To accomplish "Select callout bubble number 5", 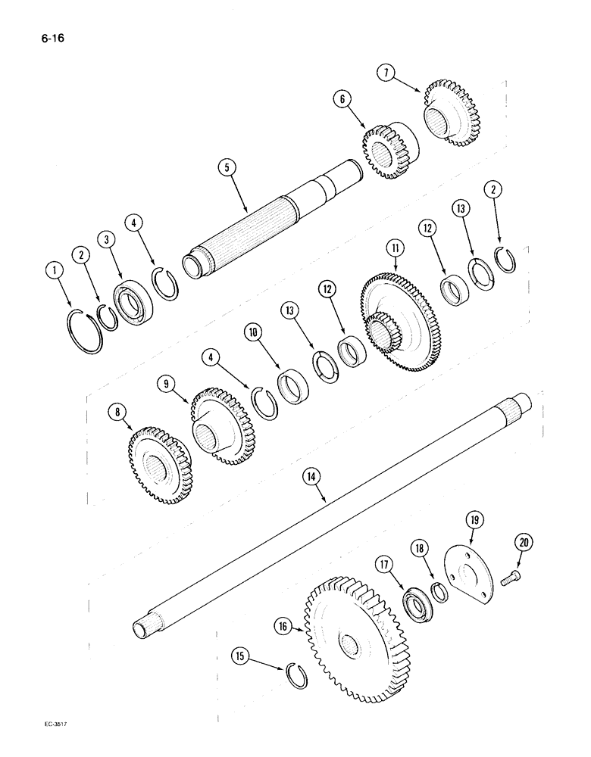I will tap(225, 167).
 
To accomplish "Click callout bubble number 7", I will tap(386, 73).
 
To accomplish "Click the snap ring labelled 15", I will tap(300, 674).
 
